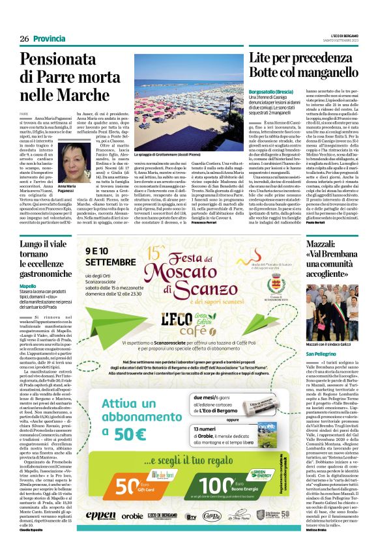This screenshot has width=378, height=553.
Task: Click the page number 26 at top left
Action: click(23, 39)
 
